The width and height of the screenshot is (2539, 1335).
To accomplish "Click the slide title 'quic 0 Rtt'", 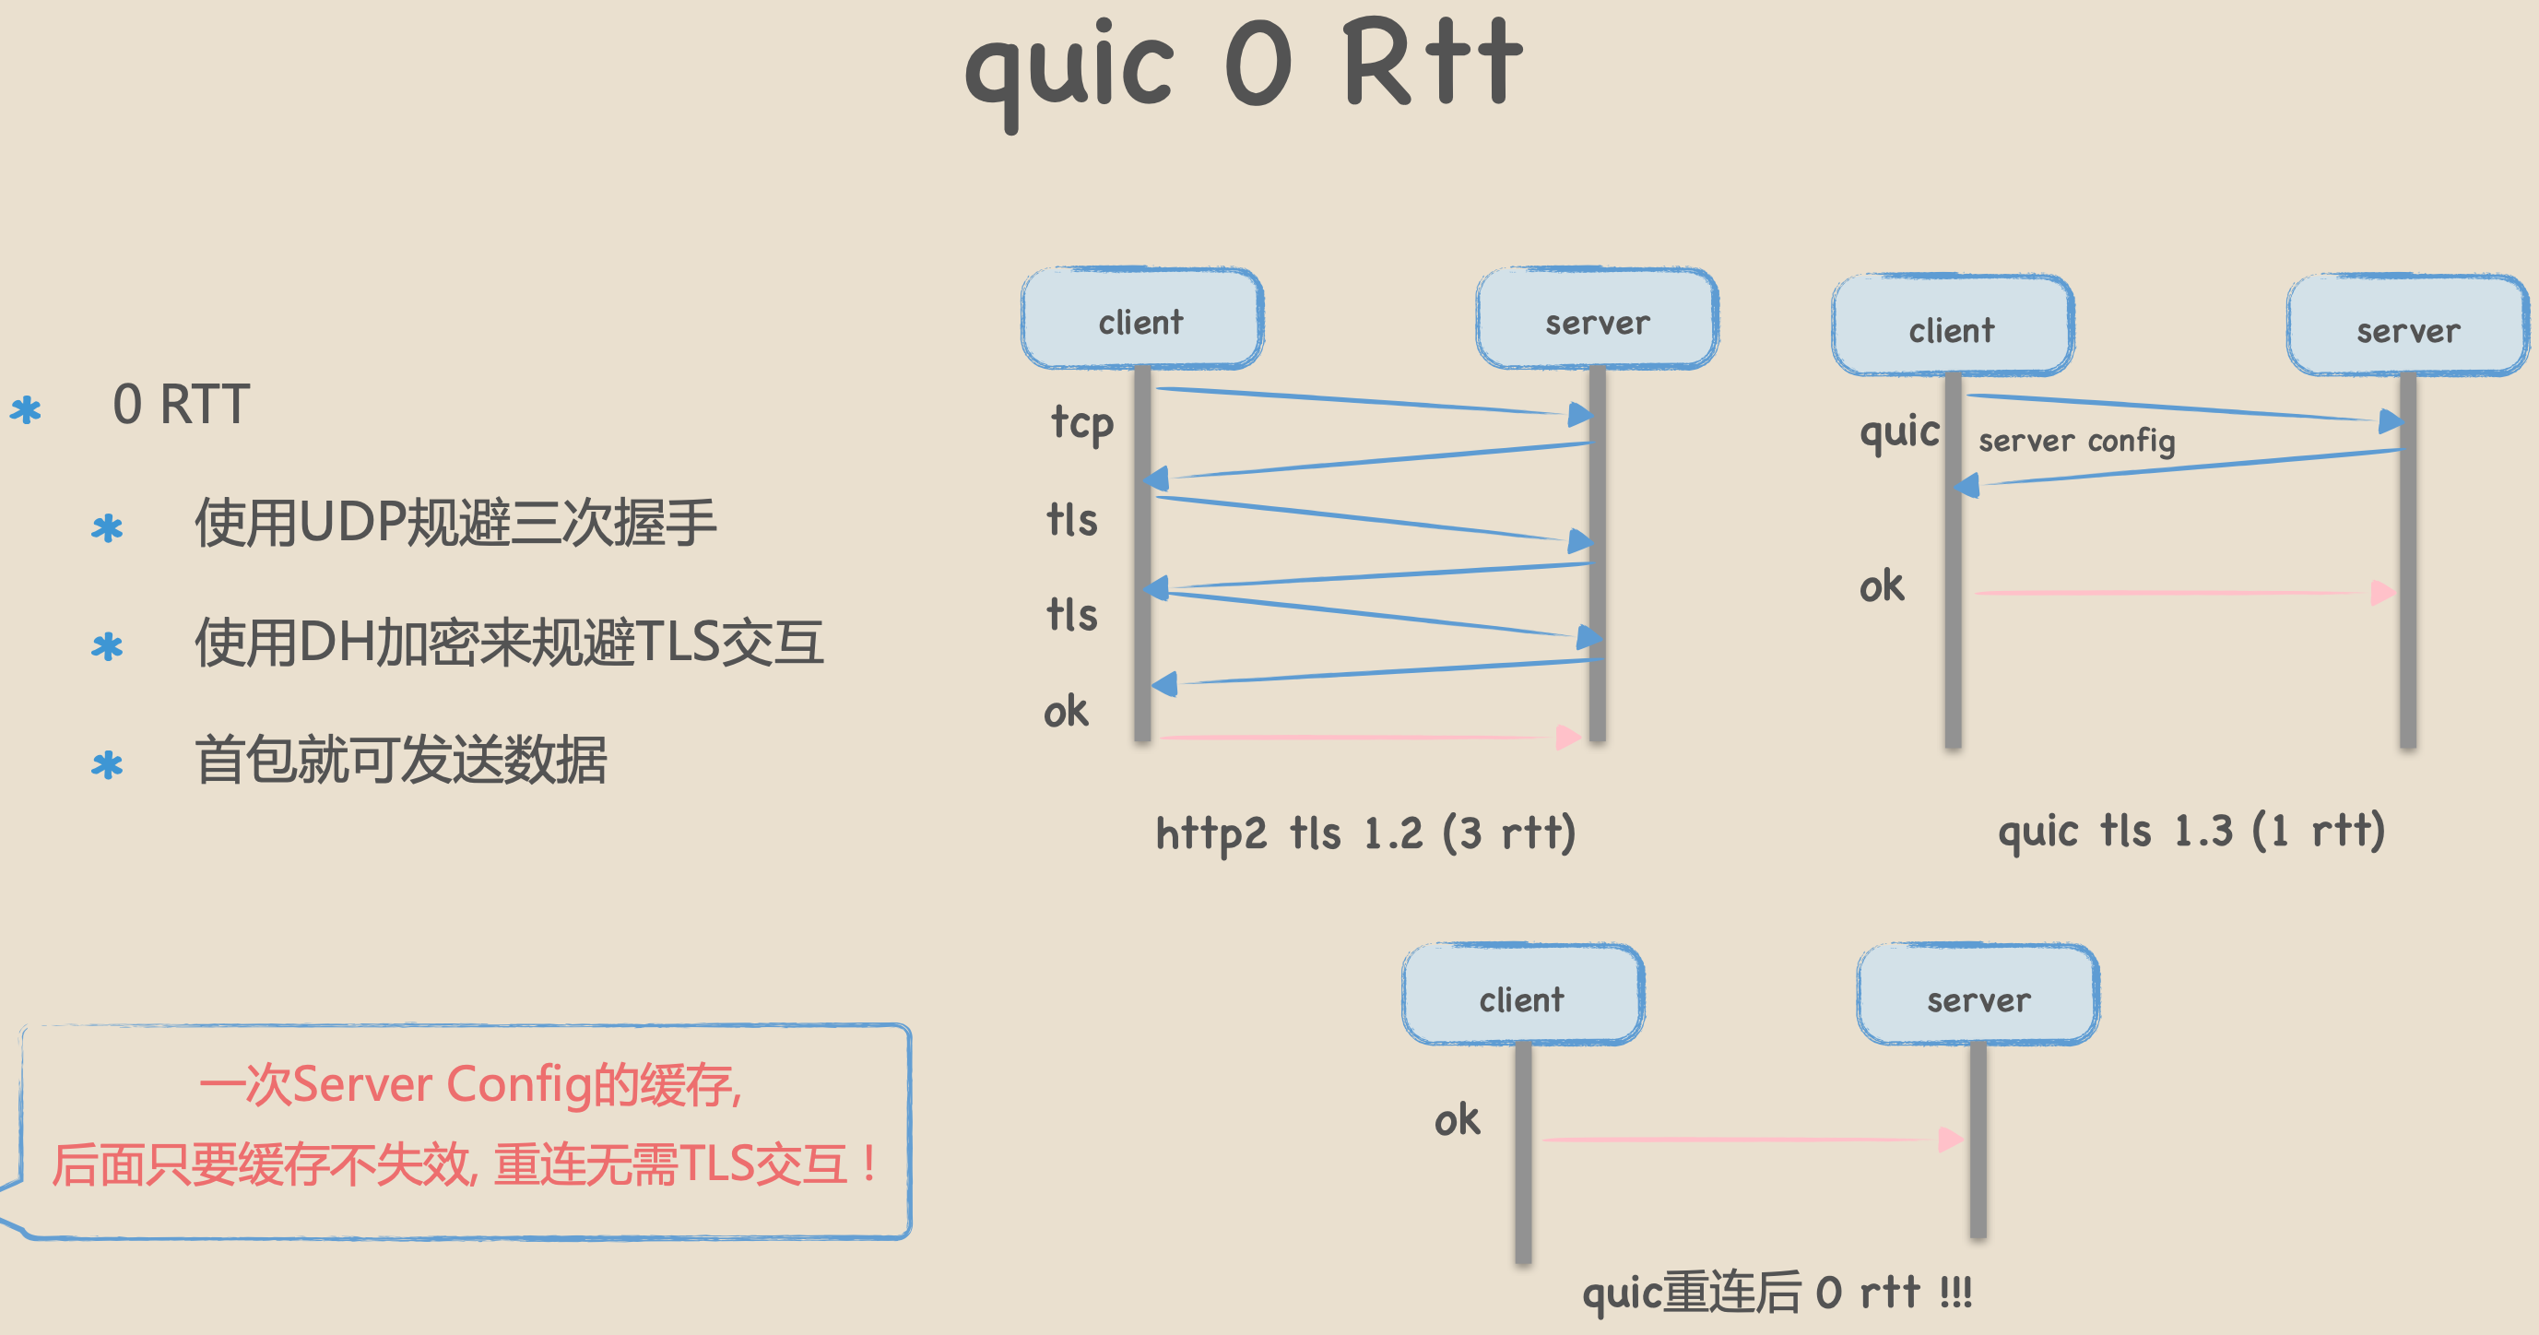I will (1244, 67).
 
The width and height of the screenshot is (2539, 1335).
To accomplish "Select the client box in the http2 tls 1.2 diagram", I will (1141, 319).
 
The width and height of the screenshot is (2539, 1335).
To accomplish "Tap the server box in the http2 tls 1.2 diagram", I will (1597, 319).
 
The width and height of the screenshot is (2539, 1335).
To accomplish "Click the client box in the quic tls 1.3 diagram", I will (1952, 327).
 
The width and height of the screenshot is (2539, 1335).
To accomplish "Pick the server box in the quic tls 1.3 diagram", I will (2407, 327).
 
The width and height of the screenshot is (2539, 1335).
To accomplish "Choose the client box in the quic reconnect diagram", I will (1522, 996).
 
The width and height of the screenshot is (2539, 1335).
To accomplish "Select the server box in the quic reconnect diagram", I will (1978, 996).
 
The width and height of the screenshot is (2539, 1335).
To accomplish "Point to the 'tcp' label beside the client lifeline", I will (1082, 424).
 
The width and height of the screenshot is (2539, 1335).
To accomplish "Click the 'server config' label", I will (2076, 441).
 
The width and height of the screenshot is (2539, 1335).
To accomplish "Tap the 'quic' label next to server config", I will (1899, 432).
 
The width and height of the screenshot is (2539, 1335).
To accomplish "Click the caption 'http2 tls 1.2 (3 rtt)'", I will (1365, 833).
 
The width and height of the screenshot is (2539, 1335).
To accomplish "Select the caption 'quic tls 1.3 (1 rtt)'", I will (2191, 832).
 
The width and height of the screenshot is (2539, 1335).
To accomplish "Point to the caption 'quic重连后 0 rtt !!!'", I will (1777, 1292).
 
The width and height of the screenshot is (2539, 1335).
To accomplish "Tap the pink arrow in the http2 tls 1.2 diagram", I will (1370, 737).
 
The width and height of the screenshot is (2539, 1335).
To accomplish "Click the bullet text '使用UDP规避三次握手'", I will (455, 523).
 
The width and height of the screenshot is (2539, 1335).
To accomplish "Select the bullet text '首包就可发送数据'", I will (400, 761).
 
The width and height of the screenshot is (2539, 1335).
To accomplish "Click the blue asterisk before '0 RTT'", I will (26, 409).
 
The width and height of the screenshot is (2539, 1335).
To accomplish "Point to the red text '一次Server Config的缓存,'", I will (470, 1084).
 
